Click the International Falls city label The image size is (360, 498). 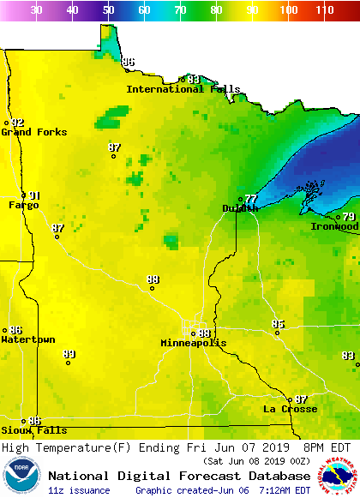(183, 89)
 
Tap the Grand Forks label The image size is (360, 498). (28, 132)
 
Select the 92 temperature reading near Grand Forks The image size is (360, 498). (18, 123)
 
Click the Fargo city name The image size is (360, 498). (24, 205)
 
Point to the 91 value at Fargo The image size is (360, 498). (34, 195)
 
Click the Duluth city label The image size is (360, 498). (240, 208)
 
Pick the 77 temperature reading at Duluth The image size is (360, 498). (250, 199)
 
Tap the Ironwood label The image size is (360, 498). (334, 226)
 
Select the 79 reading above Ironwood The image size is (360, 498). (349, 217)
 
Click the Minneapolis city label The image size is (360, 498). (194, 343)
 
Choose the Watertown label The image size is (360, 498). (28, 339)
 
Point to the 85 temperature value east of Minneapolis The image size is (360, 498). (278, 324)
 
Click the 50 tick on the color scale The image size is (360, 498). (108, 10)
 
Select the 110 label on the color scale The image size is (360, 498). (324, 10)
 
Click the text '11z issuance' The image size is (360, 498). (79, 490)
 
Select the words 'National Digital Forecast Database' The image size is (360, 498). (179, 476)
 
